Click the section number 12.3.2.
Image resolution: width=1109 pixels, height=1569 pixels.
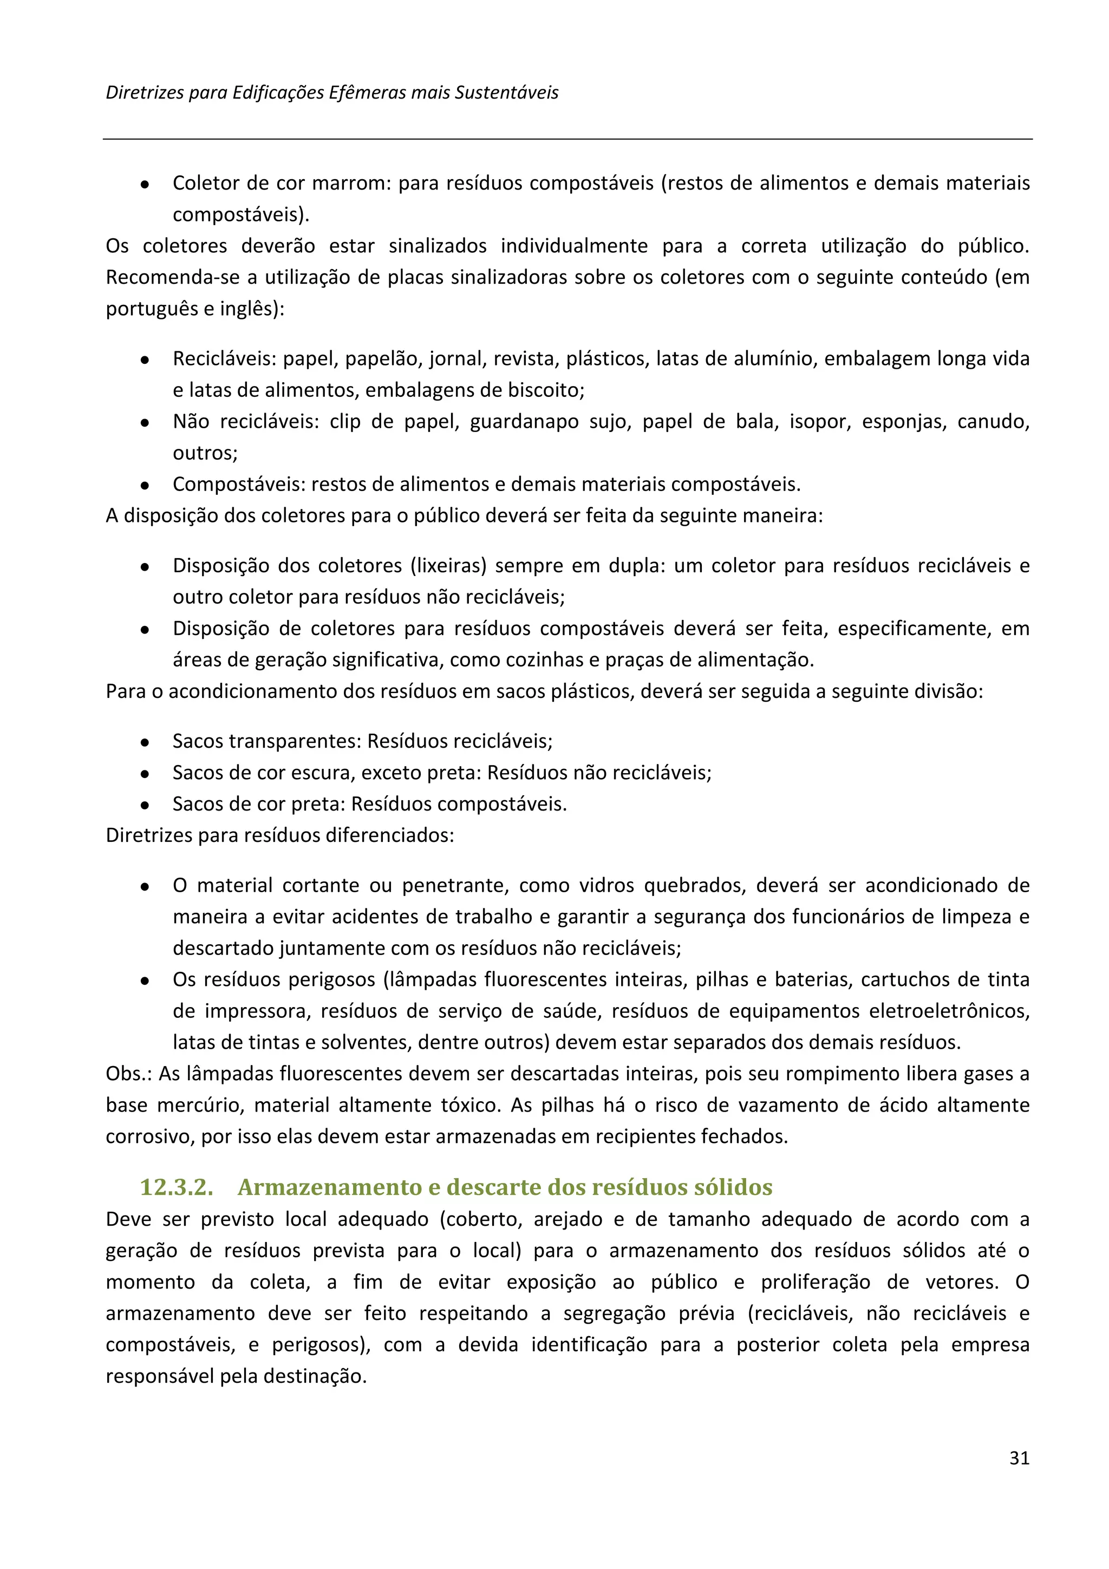point(177,1187)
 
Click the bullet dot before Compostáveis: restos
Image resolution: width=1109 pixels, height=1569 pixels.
point(145,485)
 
